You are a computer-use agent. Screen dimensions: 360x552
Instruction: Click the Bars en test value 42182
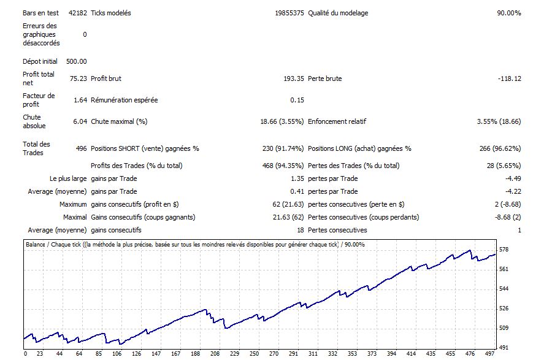77,13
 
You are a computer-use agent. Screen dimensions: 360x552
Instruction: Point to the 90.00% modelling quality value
508,13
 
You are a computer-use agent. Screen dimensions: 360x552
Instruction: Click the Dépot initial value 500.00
77,61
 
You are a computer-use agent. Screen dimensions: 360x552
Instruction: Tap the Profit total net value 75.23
78,79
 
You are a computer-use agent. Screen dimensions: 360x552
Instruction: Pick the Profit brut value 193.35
293,79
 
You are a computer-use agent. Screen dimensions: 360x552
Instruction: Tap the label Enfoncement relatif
337,121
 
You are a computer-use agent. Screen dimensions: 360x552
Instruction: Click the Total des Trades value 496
80,148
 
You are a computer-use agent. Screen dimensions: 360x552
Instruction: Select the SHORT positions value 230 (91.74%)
283,148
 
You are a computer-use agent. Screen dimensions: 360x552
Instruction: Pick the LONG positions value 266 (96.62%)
500,148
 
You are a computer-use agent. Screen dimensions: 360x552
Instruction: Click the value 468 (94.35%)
283,166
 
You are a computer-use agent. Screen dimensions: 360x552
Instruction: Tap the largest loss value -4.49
512,178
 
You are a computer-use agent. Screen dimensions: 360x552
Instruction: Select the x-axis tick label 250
254,354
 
